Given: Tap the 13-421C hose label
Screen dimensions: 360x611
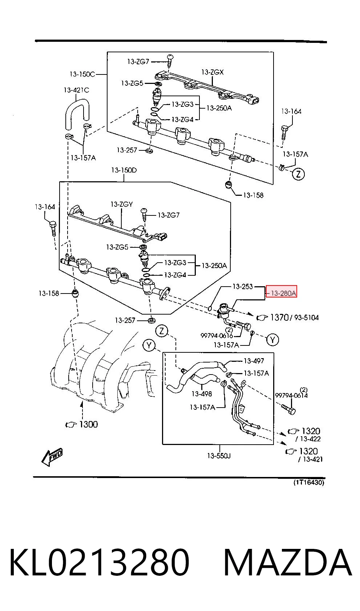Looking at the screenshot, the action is click(x=76, y=90).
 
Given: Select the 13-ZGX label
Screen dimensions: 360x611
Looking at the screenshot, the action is click(x=213, y=72).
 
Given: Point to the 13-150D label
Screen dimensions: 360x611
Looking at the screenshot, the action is click(x=124, y=170).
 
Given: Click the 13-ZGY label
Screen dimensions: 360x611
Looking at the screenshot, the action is click(x=122, y=204).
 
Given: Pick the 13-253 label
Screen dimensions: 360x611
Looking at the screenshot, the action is click(x=243, y=286).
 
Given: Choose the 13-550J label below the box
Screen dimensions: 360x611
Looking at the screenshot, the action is click(x=219, y=456).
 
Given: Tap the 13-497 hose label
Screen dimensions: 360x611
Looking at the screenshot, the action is click(x=254, y=361).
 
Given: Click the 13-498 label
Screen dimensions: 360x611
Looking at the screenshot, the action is click(x=202, y=394).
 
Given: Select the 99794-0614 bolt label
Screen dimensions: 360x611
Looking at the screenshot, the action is click(x=291, y=395).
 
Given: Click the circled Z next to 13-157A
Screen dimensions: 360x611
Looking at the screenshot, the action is click(x=298, y=174).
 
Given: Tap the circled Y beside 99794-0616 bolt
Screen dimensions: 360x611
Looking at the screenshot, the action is click(x=272, y=340).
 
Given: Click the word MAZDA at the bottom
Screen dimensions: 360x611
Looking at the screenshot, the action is click(x=288, y=563).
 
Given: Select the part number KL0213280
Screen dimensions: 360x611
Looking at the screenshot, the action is click(x=100, y=563).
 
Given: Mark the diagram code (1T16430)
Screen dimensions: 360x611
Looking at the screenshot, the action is click(x=309, y=482).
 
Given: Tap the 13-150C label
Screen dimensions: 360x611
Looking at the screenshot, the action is click(x=82, y=74).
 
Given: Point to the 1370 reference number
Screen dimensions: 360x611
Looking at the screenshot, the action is click(x=279, y=317).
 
